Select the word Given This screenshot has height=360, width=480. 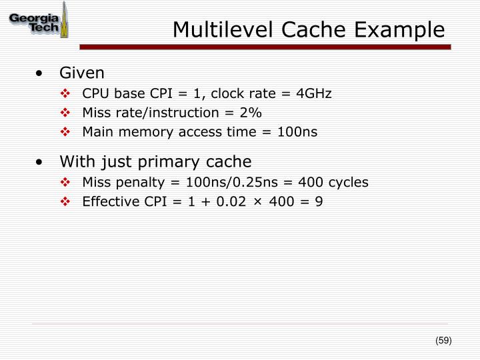[x=82, y=72]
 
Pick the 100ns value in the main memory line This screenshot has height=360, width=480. [x=299, y=132]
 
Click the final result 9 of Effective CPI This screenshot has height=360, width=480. [x=319, y=201]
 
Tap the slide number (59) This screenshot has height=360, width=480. [x=443, y=341]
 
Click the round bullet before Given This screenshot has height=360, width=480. [x=42, y=73]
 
